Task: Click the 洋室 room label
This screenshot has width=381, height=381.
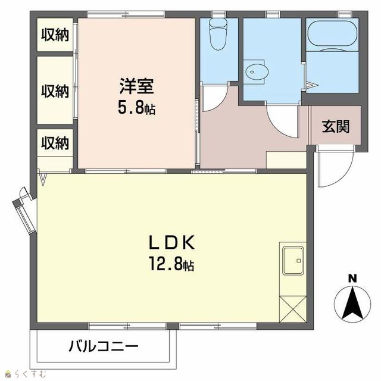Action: [x=136, y=86]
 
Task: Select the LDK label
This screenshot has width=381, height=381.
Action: [x=172, y=242]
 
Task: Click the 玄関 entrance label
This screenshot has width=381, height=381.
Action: [x=336, y=126]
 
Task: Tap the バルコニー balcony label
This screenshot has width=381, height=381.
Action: [x=104, y=346]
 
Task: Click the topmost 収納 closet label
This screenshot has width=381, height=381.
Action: [x=55, y=35]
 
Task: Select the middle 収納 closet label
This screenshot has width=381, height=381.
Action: [x=55, y=91]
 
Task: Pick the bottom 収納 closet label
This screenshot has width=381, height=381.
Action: [x=55, y=143]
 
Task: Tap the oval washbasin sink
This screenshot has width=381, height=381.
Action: [x=257, y=72]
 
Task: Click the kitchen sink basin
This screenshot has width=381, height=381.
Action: [x=293, y=261]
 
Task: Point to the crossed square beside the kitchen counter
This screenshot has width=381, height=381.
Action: [x=293, y=310]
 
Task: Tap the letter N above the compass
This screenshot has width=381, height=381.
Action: [x=352, y=279]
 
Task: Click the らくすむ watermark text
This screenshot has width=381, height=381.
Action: [x=29, y=373]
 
